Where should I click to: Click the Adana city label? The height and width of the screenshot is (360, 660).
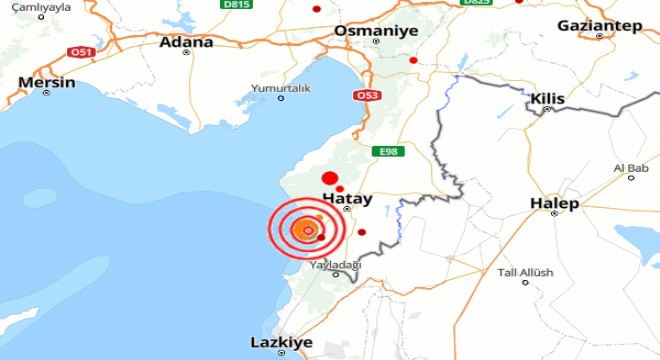coord(187,43)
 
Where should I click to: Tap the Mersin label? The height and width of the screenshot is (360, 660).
coord(47,82)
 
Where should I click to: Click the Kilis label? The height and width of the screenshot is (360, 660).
coord(548,99)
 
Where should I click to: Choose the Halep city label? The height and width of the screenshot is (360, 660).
coord(555,204)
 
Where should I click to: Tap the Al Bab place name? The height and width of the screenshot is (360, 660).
coord(631,167)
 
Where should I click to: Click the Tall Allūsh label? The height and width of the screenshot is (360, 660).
coord(520,272)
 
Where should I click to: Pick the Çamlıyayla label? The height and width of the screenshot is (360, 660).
coord(31,5)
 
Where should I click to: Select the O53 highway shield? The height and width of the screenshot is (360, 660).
coord(365,96)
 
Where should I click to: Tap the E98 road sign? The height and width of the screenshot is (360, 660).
coord(390,151)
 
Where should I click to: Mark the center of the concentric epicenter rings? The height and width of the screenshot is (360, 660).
coord(308,231)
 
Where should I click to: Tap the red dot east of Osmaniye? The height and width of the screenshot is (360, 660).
coord(413,60)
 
